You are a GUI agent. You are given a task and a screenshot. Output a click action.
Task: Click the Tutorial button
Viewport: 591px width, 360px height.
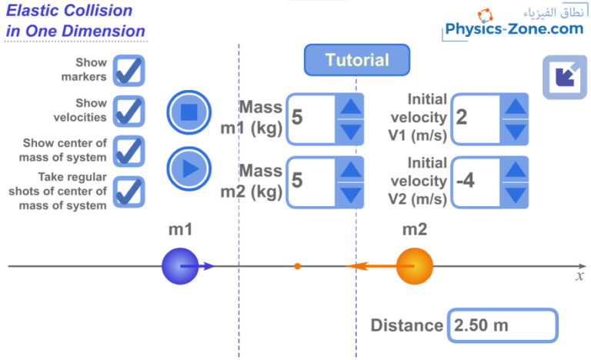coord(356,60)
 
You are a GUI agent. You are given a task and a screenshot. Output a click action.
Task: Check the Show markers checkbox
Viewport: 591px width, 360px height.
coord(129,70)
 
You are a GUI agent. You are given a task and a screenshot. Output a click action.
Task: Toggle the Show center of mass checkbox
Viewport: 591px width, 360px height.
coord(129,151)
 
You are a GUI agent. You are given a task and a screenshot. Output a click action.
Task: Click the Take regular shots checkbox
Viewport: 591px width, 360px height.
coord(129,192)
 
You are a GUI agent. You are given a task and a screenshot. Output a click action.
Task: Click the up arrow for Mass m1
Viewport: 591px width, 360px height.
coord(350,107)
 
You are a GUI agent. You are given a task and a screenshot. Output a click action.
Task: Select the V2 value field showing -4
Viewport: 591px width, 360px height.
coord(476,181)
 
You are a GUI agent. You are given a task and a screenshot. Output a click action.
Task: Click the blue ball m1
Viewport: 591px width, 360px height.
coord(179,266)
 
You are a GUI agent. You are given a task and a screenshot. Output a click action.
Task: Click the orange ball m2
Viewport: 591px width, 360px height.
coord(414,266)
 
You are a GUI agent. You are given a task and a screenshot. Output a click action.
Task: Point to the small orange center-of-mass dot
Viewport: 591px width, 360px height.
coord(297,266)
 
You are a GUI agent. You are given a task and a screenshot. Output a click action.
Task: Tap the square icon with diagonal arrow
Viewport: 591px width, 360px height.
coord(564,76)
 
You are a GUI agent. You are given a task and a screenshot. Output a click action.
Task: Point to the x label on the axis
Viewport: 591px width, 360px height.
coord(580,275)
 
